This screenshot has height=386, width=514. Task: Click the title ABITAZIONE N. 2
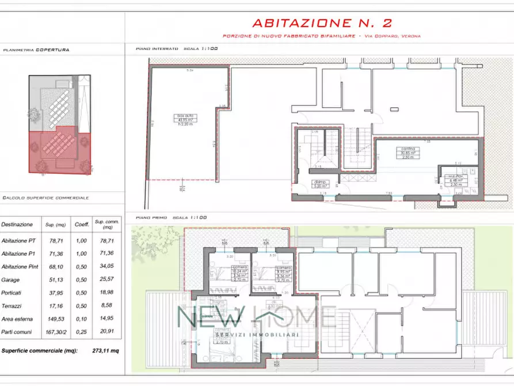(322, 24)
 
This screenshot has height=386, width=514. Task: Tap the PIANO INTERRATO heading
(157, 50)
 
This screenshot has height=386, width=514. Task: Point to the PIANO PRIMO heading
(152, 218)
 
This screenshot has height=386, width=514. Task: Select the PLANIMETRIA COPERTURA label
(36, 50)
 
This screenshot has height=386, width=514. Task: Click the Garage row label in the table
(11, 279)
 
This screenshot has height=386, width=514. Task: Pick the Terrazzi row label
(13, 306)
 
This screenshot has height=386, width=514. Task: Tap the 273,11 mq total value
(105, 350)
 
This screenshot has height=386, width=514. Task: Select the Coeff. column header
(81, 225)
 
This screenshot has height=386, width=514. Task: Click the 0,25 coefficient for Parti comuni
(81, 332)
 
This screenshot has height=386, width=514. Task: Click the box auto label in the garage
(185, 116)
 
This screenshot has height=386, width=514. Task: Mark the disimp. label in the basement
(321, 181)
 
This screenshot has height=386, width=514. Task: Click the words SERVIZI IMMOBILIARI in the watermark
(256, 335)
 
